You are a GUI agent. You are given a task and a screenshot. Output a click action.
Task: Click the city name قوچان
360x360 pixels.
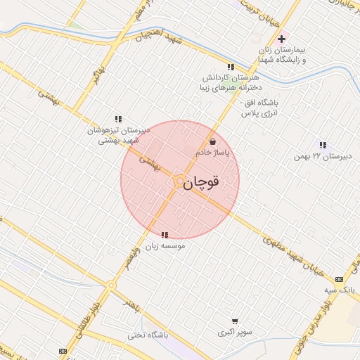coord(201,182)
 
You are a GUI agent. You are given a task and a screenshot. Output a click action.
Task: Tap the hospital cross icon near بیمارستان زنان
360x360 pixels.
coord(282,39)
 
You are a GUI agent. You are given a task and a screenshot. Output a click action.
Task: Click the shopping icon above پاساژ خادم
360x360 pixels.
coord(212,141)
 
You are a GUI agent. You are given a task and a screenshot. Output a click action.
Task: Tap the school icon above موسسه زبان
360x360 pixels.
coord(165,236)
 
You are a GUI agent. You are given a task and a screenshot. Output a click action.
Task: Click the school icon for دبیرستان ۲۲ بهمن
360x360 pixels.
coord(323,144)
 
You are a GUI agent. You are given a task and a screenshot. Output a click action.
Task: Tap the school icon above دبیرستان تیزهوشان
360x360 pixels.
coord(117,120)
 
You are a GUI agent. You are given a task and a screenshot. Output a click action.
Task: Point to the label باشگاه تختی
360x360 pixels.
coord(148,335)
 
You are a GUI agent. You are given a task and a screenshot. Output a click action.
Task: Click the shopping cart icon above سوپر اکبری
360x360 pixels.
coord(234,320)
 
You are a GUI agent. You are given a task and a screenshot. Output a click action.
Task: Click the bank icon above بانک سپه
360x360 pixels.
coord(340,278)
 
